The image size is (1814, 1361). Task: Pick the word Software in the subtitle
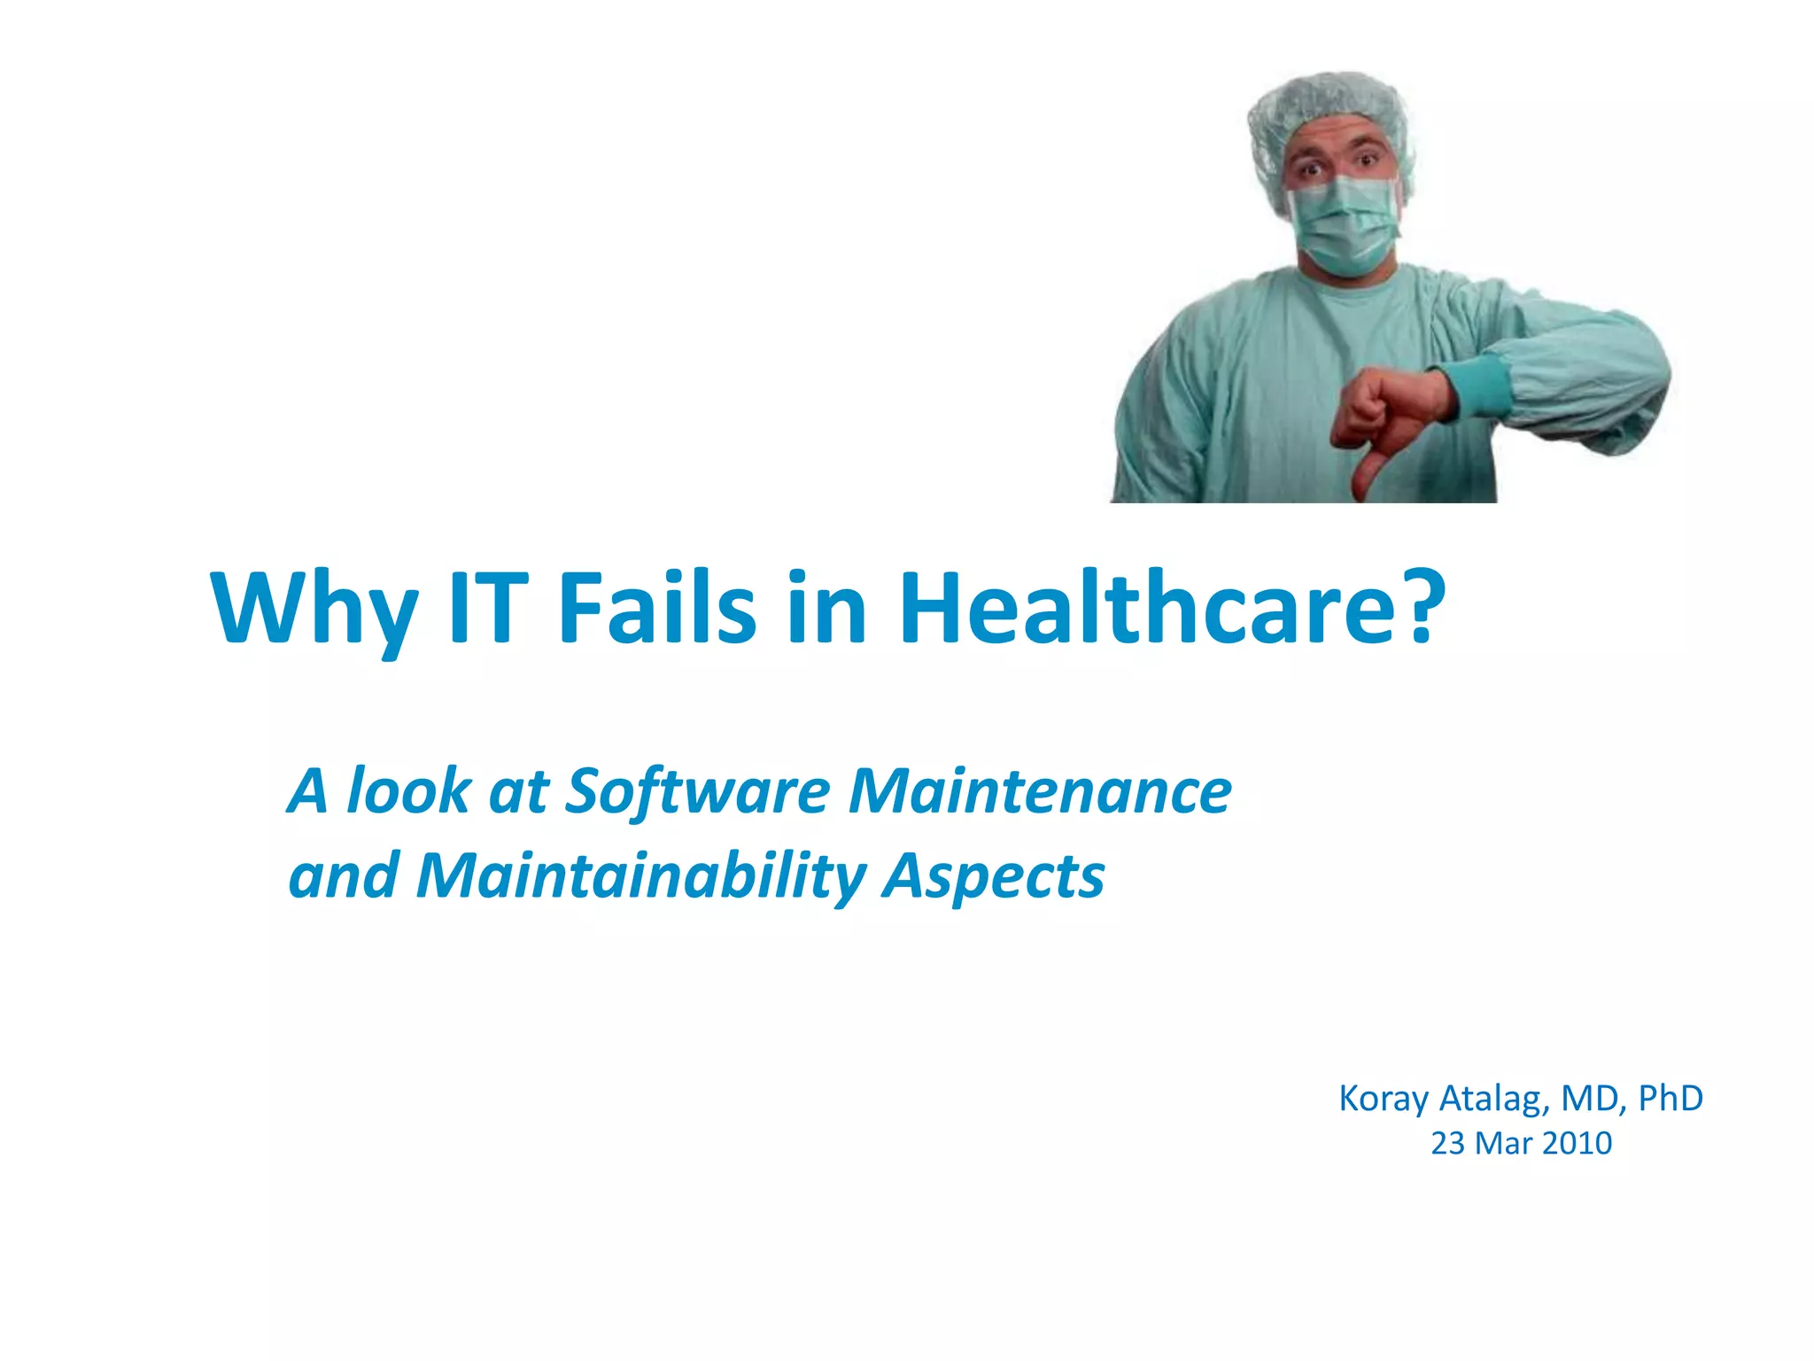(x=698, y=790)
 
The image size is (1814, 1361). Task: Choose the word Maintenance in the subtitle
(x=1040, y=790)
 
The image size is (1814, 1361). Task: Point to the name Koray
(x=1384, y=1099)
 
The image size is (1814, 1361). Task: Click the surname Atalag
(x=1495, y=1099)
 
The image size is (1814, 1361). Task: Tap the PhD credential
(x=1671, y=1099)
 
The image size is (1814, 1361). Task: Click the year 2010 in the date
(x=1578, y=1144)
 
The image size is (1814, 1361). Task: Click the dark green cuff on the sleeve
(x=1477, y=385)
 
